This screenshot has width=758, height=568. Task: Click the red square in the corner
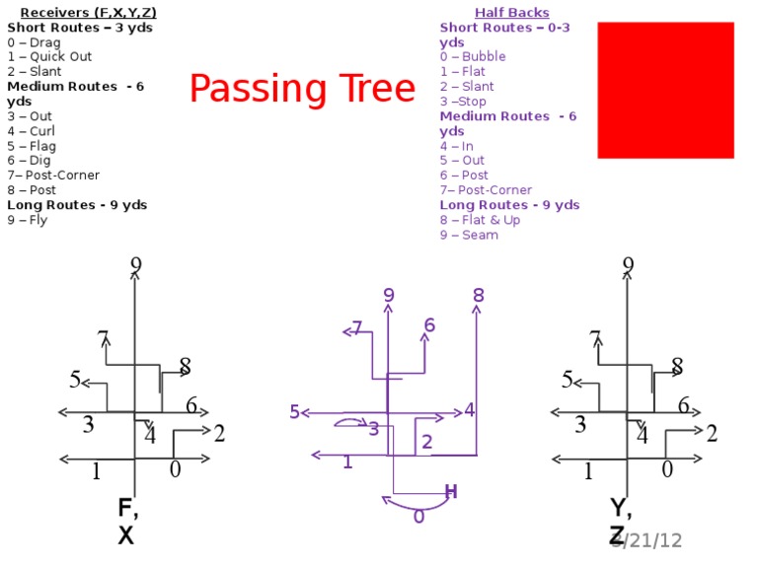(x=665, y=90)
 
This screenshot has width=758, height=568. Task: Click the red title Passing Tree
(x=302, y=90)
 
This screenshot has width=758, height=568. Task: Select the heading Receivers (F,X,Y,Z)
(x=88, y=12)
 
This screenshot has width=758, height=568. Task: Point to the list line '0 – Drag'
(x=34, y=42)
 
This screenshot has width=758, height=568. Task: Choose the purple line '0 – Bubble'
(x=473, y=56)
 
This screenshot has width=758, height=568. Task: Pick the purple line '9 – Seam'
(x=469, y=235)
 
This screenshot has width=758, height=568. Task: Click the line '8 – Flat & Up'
(x=480, y=220)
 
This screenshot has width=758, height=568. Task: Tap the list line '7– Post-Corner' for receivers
(x=53, y=176)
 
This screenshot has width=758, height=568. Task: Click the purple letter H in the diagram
(x=451, y=492)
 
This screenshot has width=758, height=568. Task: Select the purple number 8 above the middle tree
(x=479, y=295)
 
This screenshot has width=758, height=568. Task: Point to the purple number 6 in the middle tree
(x=430, y=325)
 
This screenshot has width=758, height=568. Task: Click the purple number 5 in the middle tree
(x=294, y=412)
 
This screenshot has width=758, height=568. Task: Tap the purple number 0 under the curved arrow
(x=418, y=517)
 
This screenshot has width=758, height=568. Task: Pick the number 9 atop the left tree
(x=135, y=265)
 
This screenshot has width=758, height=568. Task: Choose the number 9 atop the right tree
(x=628, y=265)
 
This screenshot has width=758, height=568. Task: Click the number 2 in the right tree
(x=712, y=433)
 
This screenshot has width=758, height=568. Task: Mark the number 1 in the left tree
(x=96, y=472)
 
